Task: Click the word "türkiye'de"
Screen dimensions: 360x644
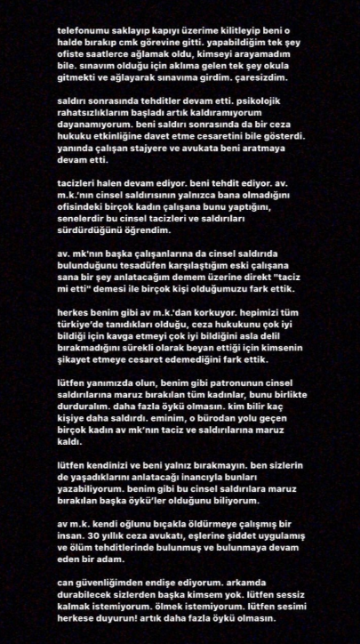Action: [x=88, y=354]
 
